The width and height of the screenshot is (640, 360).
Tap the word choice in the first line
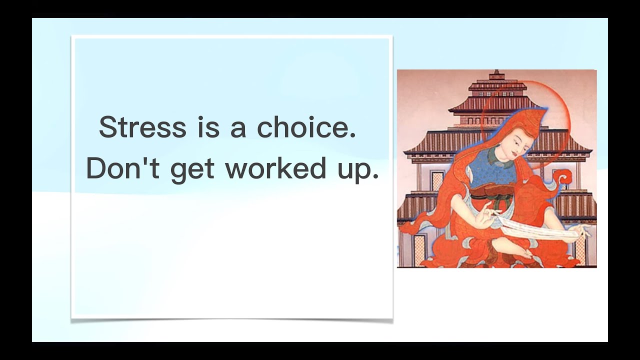pos(306,127)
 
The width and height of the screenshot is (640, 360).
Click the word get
pos(193,170)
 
